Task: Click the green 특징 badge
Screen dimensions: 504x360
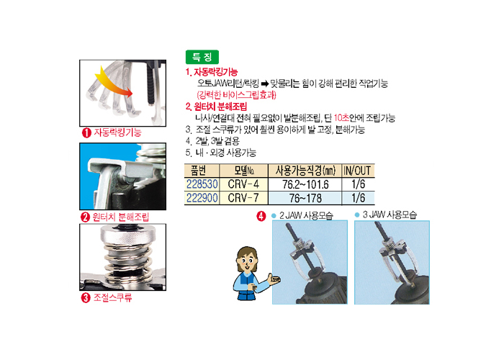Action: coord(202,57)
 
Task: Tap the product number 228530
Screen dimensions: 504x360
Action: coord(202,184)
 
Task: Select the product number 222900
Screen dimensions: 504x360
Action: coord(202,198)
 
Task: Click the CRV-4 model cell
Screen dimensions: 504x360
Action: coord(243,184)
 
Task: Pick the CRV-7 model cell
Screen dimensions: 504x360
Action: coord(243,198)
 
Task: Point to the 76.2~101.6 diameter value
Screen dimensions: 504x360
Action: coord(305,184)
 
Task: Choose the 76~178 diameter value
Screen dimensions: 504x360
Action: coord(305,198)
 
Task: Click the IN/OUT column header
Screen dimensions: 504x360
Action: coord(357,171)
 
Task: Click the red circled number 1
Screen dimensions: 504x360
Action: coord(86,132)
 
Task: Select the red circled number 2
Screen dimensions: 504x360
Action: coord(85,217)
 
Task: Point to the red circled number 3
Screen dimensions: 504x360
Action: coord(86,297)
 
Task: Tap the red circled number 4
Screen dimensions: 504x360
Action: coord(261,216)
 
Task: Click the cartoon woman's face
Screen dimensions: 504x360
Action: coord(247,261)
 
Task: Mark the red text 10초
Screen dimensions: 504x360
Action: coord(341,118)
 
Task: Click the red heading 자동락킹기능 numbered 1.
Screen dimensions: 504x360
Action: coord(212,72)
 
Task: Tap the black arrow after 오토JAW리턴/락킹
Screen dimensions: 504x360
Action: coord(264,84)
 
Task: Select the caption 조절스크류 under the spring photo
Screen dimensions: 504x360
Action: coord(112,297)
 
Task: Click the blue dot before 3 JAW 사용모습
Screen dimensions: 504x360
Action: coord(357,215)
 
